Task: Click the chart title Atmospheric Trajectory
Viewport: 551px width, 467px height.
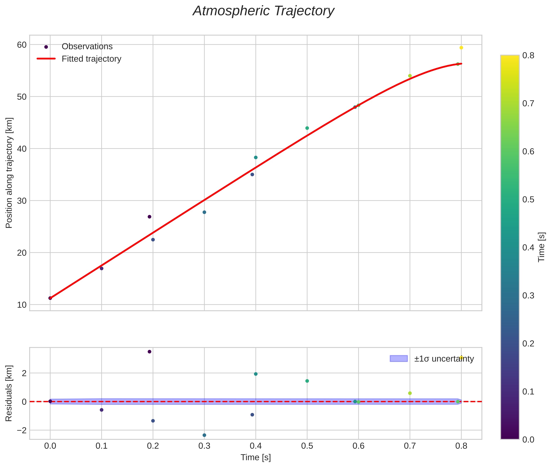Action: click(x=263, y=11)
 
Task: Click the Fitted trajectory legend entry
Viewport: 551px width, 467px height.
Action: click(x=91, y=59)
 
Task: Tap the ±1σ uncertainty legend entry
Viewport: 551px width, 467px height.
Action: click(x=444, y=359)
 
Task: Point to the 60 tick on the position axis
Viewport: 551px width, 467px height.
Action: click(x=22, y=45)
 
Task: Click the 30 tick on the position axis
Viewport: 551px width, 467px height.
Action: click(x=22, y=201)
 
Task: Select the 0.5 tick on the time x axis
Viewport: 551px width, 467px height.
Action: click(x=307, y=446)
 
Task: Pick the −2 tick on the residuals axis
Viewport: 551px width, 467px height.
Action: click(x=22, y=430)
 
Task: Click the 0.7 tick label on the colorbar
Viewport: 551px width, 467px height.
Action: click(x=528, y=103)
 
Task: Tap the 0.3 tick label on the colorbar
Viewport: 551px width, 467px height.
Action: click(x=528, y=295)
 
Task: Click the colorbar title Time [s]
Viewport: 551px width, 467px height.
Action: click(x=542, y=247)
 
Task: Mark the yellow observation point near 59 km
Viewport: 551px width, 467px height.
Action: click(x=461, y=48)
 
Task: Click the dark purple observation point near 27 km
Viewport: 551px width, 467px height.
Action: click(x=149, y=217)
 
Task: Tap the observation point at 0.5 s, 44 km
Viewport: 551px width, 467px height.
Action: click(x=307, y=128)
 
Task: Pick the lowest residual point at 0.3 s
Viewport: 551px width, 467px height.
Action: click(x=204, y=435)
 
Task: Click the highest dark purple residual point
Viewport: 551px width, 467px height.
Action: click(x=149, y=352)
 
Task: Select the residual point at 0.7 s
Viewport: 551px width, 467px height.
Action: click(x=410, y=393)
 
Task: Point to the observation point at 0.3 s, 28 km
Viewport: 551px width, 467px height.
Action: click(x=204, y=212)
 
